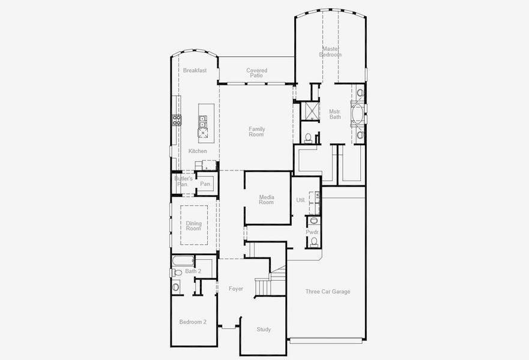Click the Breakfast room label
coord(195,70)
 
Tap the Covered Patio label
coord(257,73)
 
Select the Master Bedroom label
coord(331,52)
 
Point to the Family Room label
coord(257,132)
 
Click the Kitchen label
coord(198,151)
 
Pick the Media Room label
coord(267,200)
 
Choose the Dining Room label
coord(193,226)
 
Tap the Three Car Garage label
coord(327,292)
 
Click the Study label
coord(264,329)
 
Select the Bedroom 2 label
coord(193,322)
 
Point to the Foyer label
coord(236,289)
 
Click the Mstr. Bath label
coord(335,114)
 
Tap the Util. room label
coord(301,200)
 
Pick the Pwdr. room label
coord(312,232)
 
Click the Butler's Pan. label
coord(183,181)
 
